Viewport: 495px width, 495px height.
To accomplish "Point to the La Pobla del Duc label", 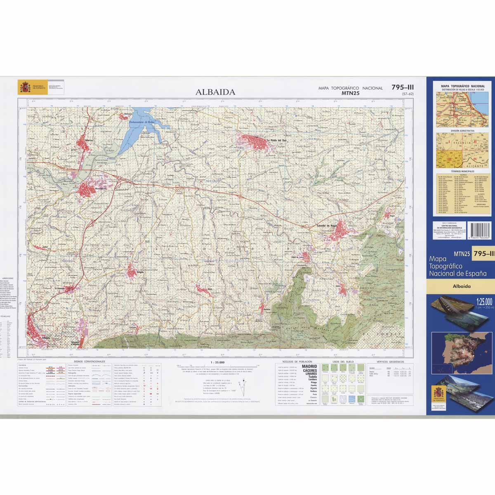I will [x=276, y=140].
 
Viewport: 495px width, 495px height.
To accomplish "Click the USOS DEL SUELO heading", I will [x=340, y=361].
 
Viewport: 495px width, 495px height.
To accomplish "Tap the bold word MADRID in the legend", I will [x=310, y=366].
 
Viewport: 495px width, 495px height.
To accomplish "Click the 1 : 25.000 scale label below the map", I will [x=217, y=362].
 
